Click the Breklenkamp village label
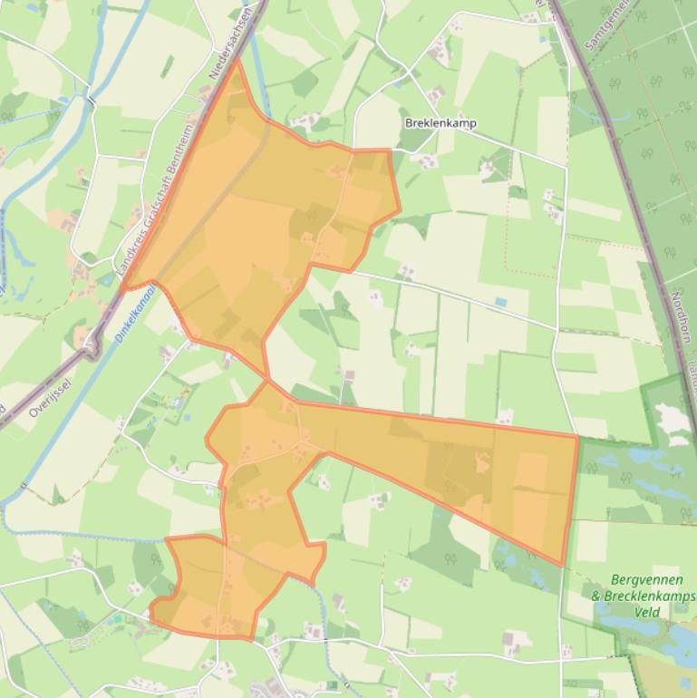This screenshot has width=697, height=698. coord(440,123)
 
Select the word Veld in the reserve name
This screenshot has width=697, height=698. coord(646,612)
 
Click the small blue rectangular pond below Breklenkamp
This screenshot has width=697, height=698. coord(500,302)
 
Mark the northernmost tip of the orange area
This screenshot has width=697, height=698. coord(237,61)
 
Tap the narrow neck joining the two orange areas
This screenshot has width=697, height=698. coord(267,380)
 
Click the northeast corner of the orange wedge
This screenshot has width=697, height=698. coord(576,436)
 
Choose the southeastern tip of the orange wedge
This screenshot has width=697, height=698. coord(564,565)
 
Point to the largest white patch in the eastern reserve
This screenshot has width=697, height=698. coord(672,418)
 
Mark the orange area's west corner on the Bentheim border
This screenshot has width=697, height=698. coord(123,289)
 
